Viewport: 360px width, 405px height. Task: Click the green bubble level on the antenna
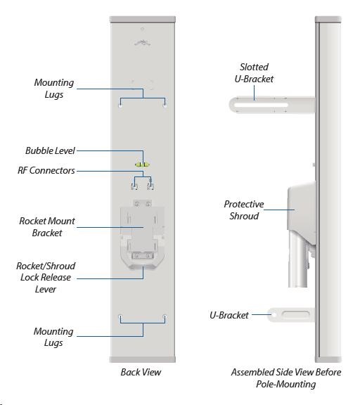tap(142, 165)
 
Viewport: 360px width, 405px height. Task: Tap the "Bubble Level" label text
tap(50, 151)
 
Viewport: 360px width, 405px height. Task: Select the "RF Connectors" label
tap(46, 170)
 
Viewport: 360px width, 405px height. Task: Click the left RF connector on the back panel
tap(134, 186)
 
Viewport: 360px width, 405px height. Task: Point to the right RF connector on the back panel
tap(150, 186)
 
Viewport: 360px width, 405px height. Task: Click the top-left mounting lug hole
tap(120, 105)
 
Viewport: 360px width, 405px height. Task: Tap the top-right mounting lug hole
tap(165, 105)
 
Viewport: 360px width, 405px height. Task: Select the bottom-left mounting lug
tap(120, 316)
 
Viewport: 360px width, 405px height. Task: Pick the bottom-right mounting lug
tap(165, 316)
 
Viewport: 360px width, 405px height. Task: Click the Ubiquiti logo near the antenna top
tap(142, 43)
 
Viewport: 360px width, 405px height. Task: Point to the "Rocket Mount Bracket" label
tap(47, 227)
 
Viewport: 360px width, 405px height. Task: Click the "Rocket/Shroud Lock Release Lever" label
tap(46, 278)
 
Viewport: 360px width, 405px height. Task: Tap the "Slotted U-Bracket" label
tap(254, 73)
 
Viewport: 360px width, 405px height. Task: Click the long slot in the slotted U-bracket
tap(261, 105)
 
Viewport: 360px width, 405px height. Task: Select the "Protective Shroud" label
tap(244, 210)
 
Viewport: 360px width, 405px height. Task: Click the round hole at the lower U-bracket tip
tap(274, 315)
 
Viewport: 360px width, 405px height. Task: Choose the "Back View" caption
tap(141, 372)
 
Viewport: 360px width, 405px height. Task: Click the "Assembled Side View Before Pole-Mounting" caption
tap(286, 378)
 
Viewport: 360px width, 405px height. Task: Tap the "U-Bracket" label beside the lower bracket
tap(229, 315)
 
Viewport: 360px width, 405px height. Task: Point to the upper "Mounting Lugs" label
tap(54, 89)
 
